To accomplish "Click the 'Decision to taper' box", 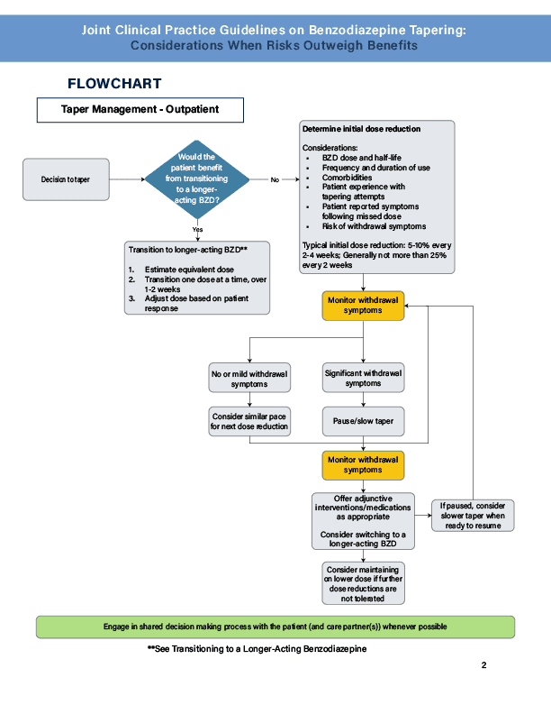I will click(65, 179).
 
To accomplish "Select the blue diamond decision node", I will click(197, 179).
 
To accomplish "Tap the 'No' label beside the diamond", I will click(275, 180).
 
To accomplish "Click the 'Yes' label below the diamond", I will click(197, 229).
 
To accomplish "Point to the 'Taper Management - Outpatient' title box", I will click(140, 110).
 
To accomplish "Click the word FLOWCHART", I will click(114, 84).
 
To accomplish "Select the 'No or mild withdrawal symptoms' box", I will click(249, 379).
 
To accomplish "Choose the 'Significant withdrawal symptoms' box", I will click(363, 378).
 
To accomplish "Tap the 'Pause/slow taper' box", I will click(363, 420).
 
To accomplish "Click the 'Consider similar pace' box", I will click(249, 420).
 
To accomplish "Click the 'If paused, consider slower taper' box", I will click(473, 516).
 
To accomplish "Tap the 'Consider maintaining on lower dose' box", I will click(363, 582).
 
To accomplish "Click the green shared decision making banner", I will click(275, 627).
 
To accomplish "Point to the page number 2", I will click(483, 666).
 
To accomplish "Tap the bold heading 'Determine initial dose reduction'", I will click(361, 129).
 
